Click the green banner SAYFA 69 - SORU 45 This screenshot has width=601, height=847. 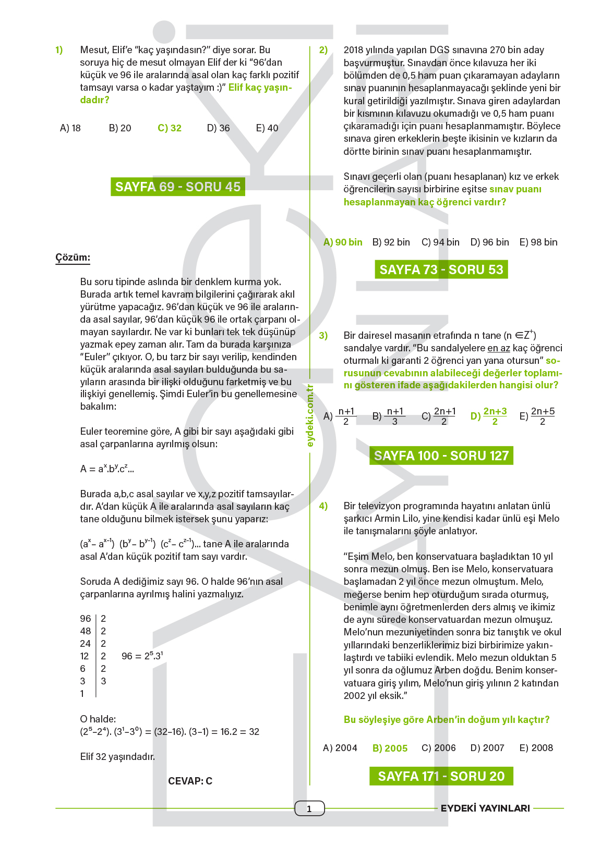click(177, 187)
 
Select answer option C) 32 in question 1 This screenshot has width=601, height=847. click(170, 128)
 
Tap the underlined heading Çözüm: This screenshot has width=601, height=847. click(73, 257)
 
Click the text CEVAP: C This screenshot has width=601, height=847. click(190, 781)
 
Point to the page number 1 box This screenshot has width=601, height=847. click(309, 808)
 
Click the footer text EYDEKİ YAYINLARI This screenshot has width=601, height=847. click(485, 808)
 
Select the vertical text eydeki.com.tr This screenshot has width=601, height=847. click(310, 415)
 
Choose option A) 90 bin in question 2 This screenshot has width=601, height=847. click(343, 242)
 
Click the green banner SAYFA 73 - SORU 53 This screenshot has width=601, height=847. click(441, 269)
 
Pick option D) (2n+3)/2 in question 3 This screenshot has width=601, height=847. click(489, 416)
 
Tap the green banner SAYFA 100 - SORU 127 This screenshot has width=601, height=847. click(441, 456)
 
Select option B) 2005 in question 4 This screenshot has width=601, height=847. click(390, 748)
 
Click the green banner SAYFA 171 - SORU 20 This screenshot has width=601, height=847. click(441, 776)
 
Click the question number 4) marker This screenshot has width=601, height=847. click(323, 506)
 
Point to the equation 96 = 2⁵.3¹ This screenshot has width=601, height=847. click(142, 656)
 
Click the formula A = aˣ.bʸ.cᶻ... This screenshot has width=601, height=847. click(107, 469)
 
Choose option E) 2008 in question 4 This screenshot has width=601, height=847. click(536, 748)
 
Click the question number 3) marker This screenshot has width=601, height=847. click(323, 336)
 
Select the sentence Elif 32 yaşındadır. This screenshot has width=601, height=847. click(117, 757)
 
